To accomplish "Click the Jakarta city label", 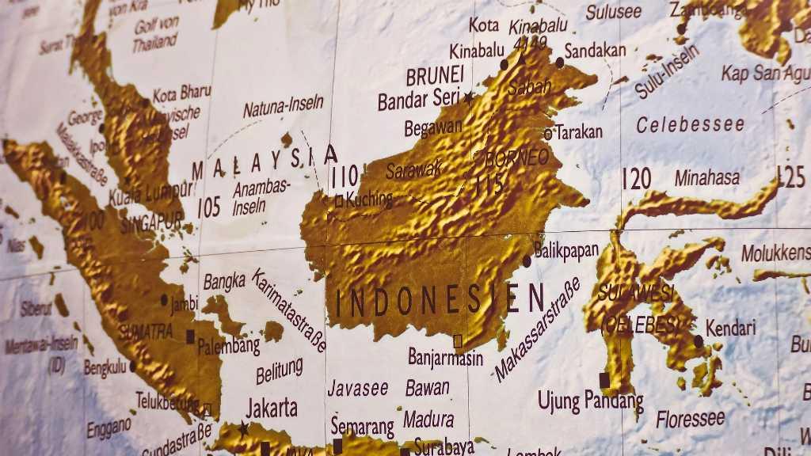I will coord(272,408).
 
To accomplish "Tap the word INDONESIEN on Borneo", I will coord(440,299).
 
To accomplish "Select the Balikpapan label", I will coord(566,251).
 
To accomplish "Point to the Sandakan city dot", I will coord(559,62).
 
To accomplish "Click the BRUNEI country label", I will coord(435,76).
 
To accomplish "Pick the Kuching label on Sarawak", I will coord(369,199).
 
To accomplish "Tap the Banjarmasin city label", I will coord(446,357).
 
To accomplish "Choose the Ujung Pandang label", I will coord(591,401).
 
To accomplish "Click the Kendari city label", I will coord(730,327).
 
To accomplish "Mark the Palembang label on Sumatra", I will coord(229,346).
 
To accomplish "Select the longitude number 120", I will coord(636,179).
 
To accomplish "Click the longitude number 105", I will coord(208,207).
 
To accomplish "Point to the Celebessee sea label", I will coord(691,124).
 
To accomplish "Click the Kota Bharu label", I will coord(181,93).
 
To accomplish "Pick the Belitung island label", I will coord(279,369).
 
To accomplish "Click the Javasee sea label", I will coord(358,388).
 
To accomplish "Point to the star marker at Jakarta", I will coord(243,429).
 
